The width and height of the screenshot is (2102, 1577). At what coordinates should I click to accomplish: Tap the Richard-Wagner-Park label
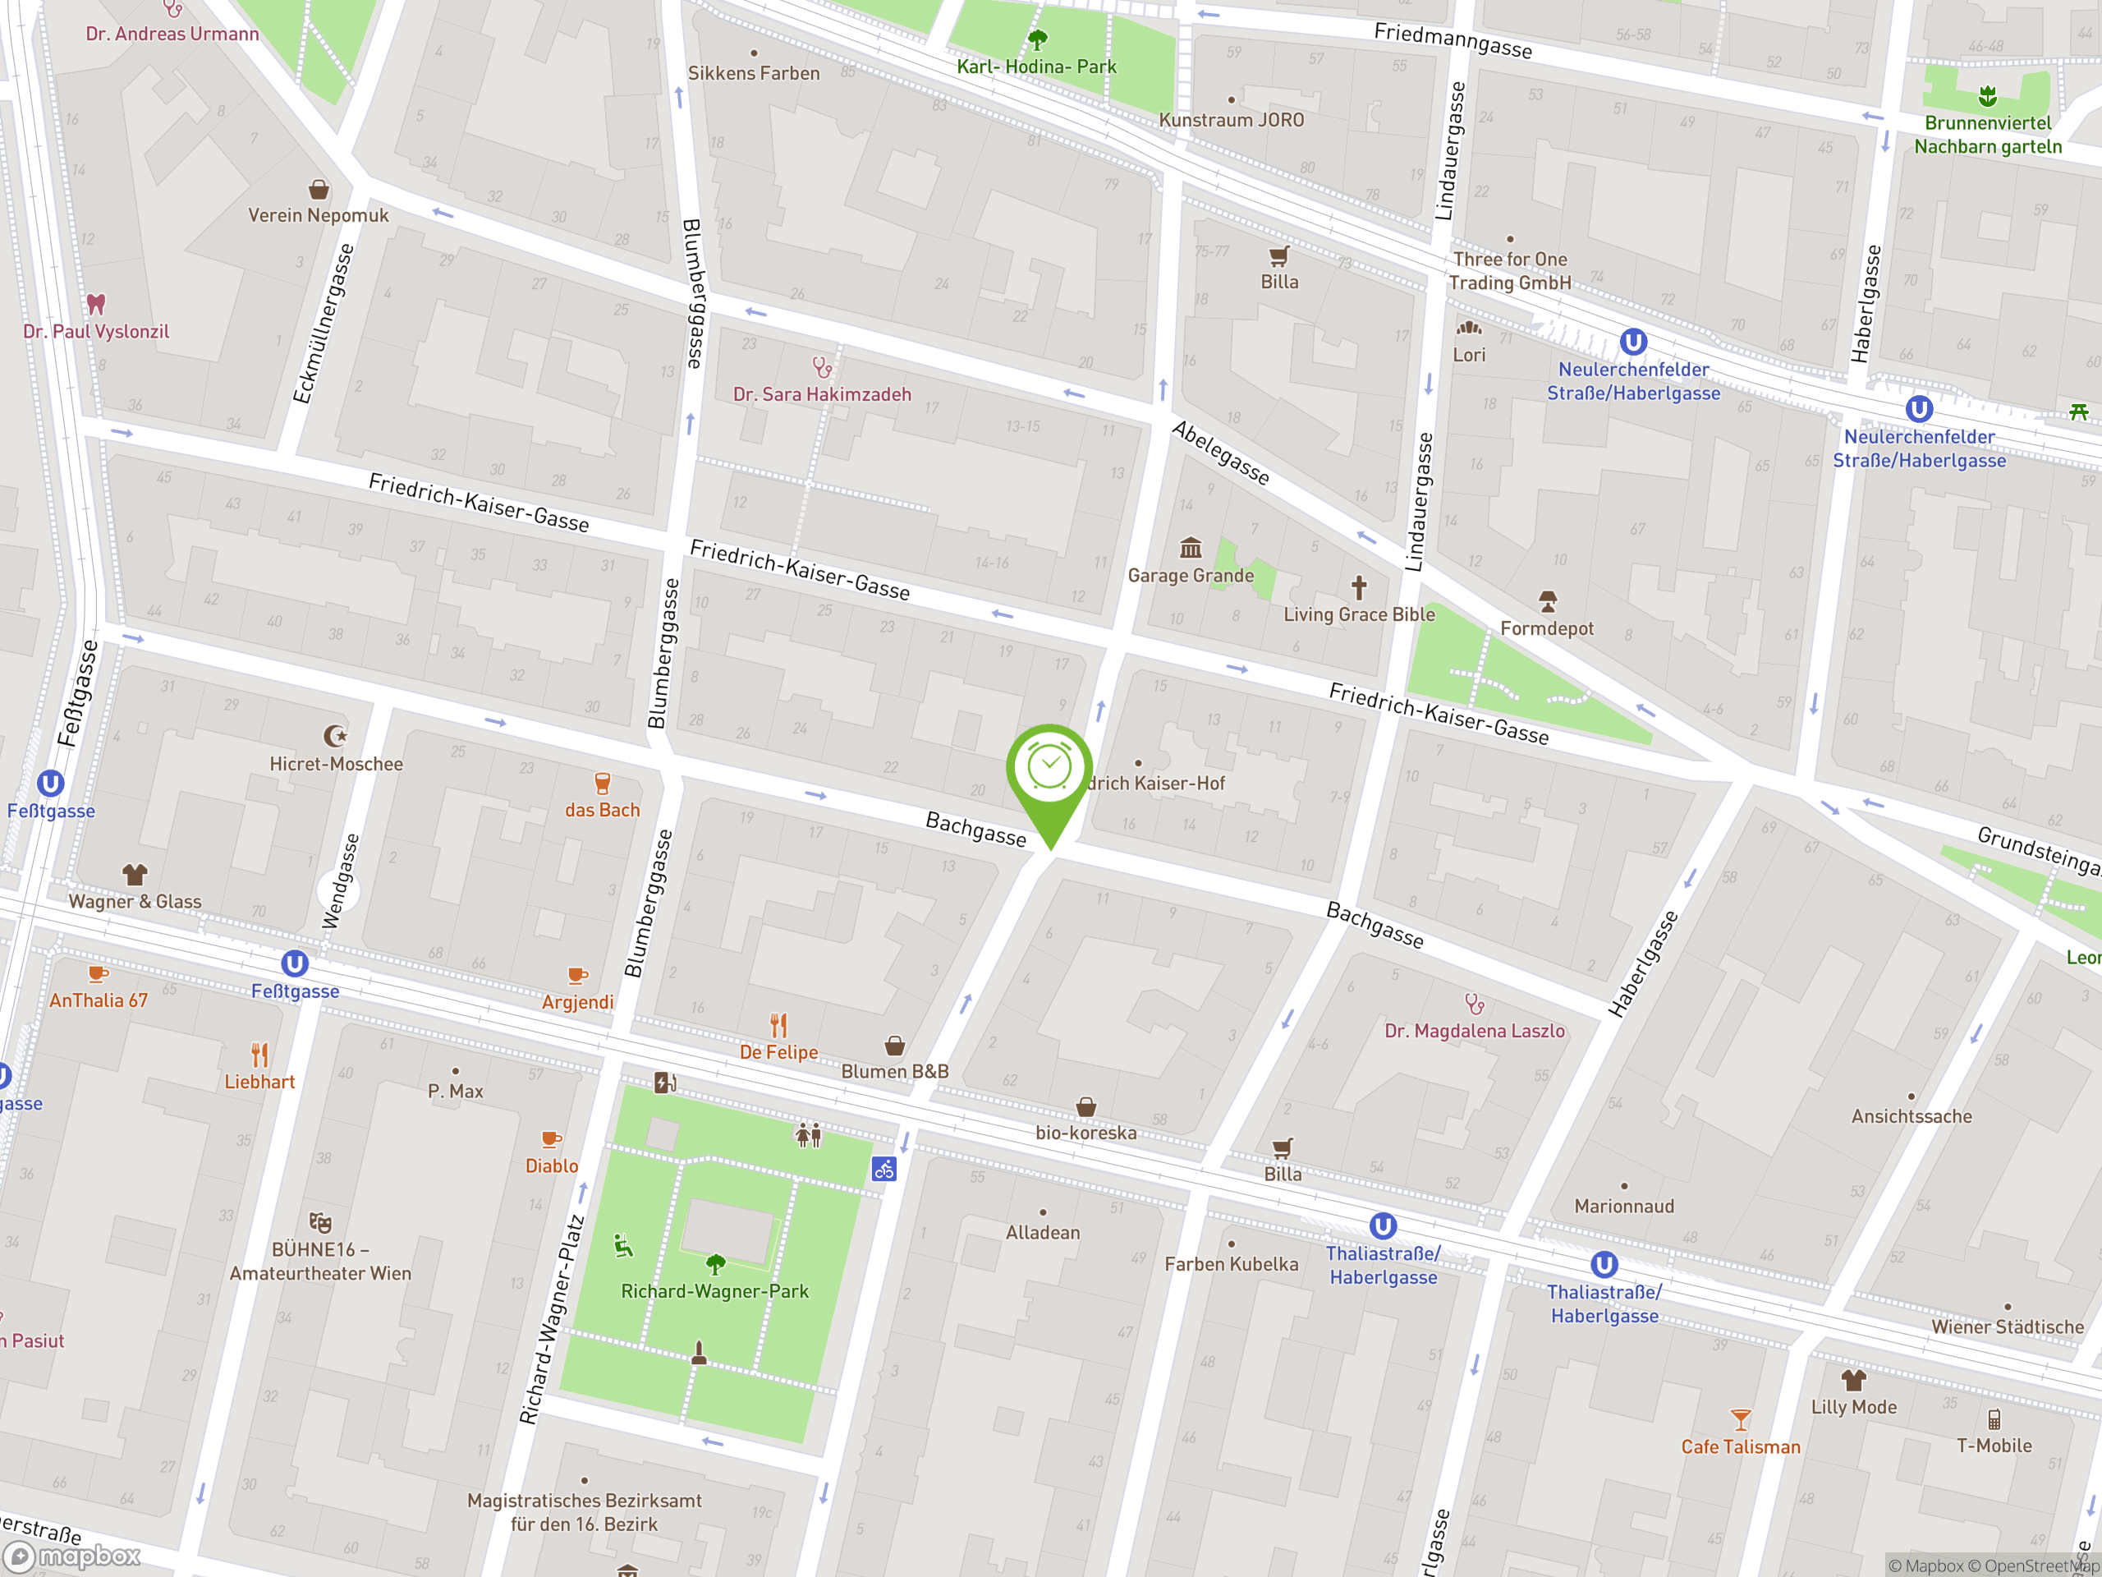714,1291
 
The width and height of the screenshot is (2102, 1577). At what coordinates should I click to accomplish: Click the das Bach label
603,810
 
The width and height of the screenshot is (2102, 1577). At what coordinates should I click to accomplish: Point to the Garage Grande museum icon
1191,549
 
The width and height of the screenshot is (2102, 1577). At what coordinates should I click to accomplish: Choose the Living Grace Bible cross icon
1359,587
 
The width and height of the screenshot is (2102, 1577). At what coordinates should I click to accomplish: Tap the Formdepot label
1546,628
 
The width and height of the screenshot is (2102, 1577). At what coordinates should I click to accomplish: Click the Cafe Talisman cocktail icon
1740,1420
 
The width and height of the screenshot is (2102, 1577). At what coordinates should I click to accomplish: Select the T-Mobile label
1994,1446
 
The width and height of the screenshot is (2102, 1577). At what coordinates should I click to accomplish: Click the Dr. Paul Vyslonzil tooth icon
96,304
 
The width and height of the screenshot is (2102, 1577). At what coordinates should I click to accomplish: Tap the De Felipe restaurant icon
778,1026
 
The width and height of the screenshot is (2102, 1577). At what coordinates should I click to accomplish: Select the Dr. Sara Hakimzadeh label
822,394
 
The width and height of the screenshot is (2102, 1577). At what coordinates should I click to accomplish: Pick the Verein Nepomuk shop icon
319,190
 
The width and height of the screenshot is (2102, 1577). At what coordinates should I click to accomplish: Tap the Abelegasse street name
1220,453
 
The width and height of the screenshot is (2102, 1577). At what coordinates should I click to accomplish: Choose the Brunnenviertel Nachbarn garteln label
1987,135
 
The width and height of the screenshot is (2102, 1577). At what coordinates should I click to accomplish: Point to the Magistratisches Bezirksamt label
584,1511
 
